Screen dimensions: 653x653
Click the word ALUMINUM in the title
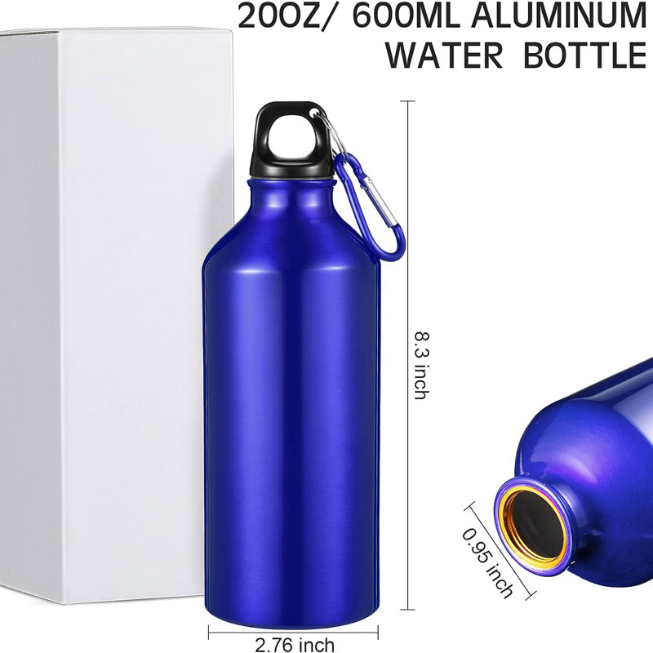click(x=558, y=15)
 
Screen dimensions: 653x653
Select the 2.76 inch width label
click(x=295, y=645)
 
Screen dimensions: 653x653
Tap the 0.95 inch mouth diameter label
click(x=487, y=563)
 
